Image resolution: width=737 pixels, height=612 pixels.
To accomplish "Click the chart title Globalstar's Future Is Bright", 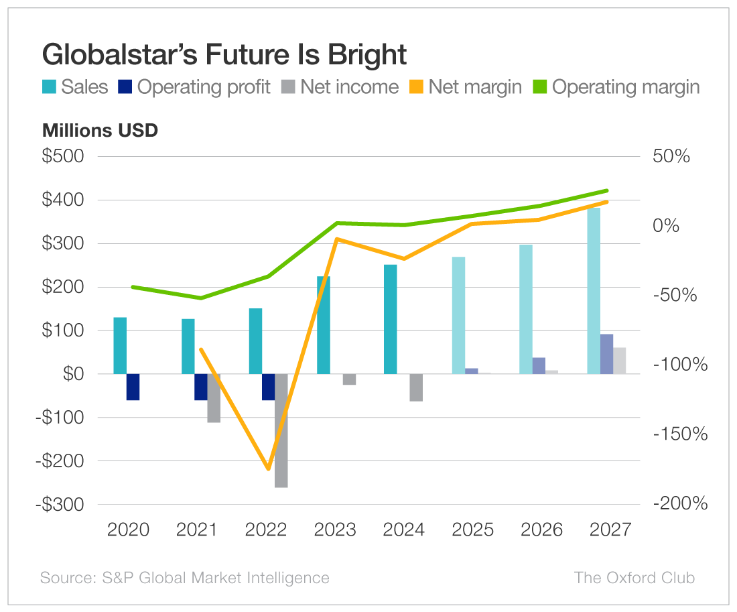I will [x=224, y=54].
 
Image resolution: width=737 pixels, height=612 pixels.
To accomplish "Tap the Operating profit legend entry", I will [x=195, y=87].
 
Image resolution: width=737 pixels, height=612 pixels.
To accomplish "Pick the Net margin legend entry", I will [x=466, y=87].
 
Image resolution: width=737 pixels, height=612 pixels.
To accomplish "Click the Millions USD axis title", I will [x=100, y=130].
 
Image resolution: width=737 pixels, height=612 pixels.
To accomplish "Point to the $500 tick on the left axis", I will [x=64, y=157].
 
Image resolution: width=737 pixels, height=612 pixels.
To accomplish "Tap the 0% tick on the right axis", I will [x=667, y=226].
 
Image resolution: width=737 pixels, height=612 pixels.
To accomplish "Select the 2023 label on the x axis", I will [x=335, y=530].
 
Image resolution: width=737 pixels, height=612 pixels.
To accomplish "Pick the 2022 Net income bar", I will [x=281, y=430].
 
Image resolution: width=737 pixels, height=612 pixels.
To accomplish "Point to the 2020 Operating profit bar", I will [x=133, y=387].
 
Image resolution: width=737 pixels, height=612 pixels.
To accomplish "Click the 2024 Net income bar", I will [x=416, y=387].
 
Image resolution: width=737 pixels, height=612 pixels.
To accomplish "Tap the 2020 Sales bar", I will [x=120, y=345].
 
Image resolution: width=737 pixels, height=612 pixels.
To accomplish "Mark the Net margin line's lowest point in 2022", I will [x=268, y=468].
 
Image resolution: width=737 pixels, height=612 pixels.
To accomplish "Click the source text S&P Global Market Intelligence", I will [x=184, y=578].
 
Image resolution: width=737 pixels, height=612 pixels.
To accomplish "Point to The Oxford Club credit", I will [x=634, y=578].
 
